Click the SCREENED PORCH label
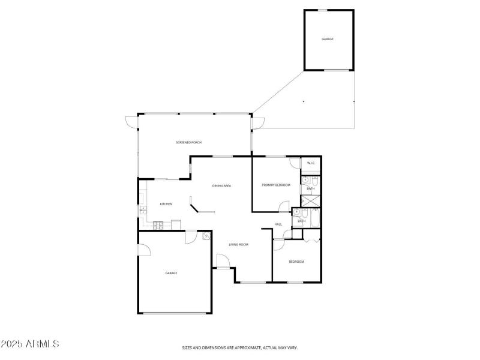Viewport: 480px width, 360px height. click(188, 142)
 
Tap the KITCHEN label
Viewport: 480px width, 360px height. click(166, 204)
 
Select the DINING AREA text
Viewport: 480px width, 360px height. click(221, 186)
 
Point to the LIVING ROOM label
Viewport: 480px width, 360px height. click(239, 245)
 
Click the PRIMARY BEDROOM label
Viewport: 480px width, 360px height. click(276, 185)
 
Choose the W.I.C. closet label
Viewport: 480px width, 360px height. click(311, 163)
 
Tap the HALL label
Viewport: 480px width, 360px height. click(278, 224)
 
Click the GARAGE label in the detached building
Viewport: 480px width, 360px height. click(328, 39)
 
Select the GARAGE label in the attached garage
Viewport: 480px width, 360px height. click(172, 273)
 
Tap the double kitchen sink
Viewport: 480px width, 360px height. click(143, 210)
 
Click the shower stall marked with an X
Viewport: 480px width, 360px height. click(311, 201)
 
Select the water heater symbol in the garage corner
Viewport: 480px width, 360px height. click(206, 236)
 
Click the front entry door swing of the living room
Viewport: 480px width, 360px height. click(221, 262)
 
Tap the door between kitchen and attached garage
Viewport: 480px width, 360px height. click(190, 237)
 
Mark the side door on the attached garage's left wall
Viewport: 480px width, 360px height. click(143, 249)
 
